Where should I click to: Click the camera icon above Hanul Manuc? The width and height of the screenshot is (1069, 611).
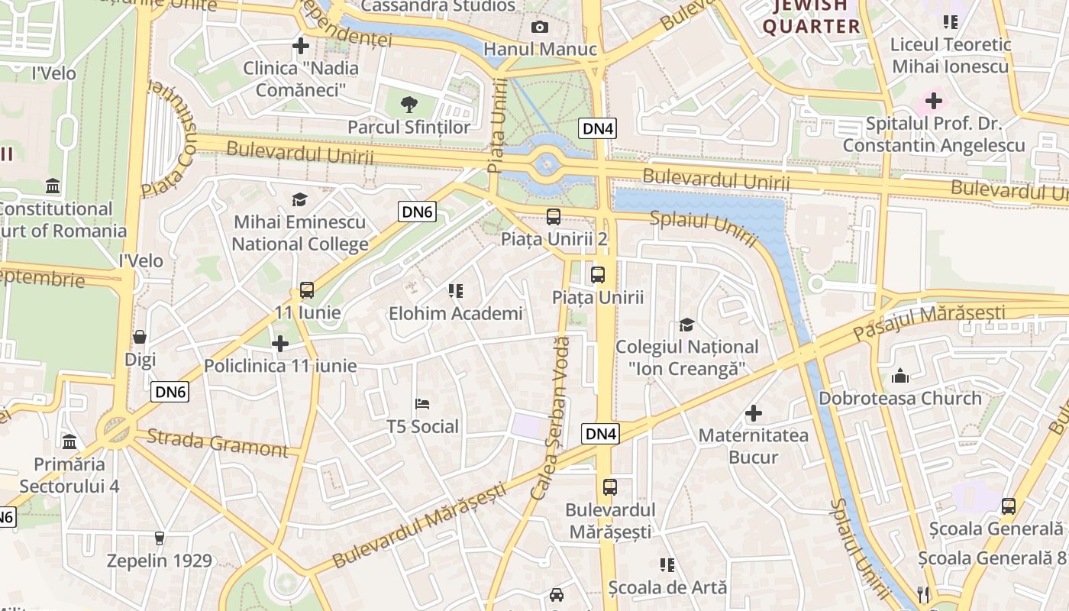click(540, 27)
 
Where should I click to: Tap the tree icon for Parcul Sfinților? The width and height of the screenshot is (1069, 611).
click(409, 104)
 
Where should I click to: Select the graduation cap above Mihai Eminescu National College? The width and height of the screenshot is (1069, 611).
click(299, 200)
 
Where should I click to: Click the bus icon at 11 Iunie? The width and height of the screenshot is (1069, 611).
click(307, 290)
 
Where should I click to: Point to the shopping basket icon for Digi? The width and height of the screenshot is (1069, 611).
click(140, 337)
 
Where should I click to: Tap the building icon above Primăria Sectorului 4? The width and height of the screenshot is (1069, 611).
click(69, 441)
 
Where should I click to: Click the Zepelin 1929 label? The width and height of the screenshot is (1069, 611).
click(159, 561)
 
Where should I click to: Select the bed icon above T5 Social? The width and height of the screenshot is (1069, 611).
click(422, 403)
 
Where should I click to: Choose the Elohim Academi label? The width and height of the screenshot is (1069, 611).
click(456, 313)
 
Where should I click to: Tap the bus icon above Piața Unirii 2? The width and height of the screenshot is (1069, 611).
click(554, 216)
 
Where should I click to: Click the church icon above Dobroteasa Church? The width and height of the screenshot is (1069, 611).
click(900, 376)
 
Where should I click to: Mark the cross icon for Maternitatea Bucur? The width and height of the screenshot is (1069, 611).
click(754, 413)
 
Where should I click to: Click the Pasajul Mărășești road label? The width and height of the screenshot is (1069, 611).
click(929, 322)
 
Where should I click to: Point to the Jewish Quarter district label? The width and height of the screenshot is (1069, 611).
click(811, 17)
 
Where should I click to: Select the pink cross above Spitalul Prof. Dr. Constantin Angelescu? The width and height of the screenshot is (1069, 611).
click(934, 100)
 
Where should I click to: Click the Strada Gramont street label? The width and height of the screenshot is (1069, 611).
click(217, 443)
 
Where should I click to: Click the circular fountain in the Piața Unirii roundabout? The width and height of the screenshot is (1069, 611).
click(547, 163)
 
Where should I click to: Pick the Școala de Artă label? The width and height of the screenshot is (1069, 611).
click(667, 587)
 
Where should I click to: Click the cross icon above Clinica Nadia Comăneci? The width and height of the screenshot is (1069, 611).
click(301, 46)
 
